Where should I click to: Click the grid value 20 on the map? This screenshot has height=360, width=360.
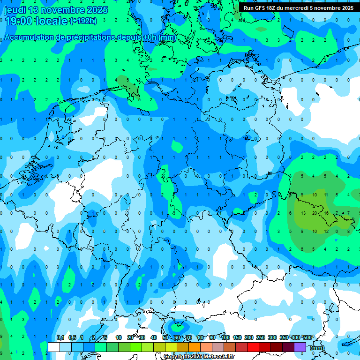point(315,213)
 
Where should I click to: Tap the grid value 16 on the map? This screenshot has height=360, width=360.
point(326,213)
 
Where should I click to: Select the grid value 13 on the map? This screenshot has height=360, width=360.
point(303,213)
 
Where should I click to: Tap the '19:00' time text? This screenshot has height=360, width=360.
point(17,21)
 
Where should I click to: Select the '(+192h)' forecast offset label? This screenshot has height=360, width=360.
point(83,21)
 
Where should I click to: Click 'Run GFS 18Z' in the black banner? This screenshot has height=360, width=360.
point(262,8)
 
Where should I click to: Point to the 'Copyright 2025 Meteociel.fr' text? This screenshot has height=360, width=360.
point(199,357)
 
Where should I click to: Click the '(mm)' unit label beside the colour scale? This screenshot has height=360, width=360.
point(317,348)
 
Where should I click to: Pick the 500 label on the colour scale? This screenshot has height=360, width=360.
point(307,338)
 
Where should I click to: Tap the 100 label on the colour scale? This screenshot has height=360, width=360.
point(225,338)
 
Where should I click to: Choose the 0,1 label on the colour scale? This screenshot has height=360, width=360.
point(60,338)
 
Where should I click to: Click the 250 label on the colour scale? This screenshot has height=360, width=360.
point(261,338)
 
